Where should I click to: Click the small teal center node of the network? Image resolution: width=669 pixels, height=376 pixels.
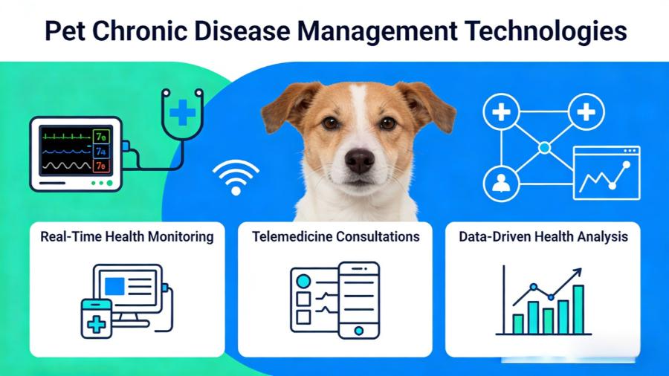pyautogui.click(x=544, y=149)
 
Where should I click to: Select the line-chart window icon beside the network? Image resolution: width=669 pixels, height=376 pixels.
pyautogui.click(x=606, y=172)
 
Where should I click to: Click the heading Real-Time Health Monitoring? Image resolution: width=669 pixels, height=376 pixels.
pyautogui.click(x=127, y=237)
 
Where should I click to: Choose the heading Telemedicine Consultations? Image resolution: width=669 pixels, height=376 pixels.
pyautogui.click(x=335, y=237)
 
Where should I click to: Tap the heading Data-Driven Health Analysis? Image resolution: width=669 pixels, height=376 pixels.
pyautogui.click(x=543, y=237)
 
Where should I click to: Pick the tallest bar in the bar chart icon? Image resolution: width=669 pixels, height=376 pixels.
pyautogui.click(x=578, y=309)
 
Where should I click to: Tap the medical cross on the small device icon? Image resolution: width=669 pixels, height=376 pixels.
pyautogui.click(x=96, y=324)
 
